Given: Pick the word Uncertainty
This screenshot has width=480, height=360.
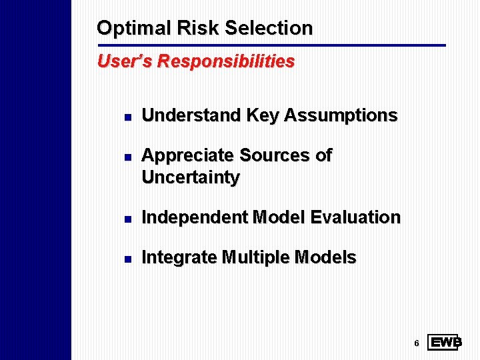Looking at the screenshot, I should pos(191,178).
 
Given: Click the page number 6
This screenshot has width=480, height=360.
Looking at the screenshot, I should pos(416,343).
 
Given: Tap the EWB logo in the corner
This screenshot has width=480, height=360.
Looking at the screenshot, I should pos(445,343).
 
